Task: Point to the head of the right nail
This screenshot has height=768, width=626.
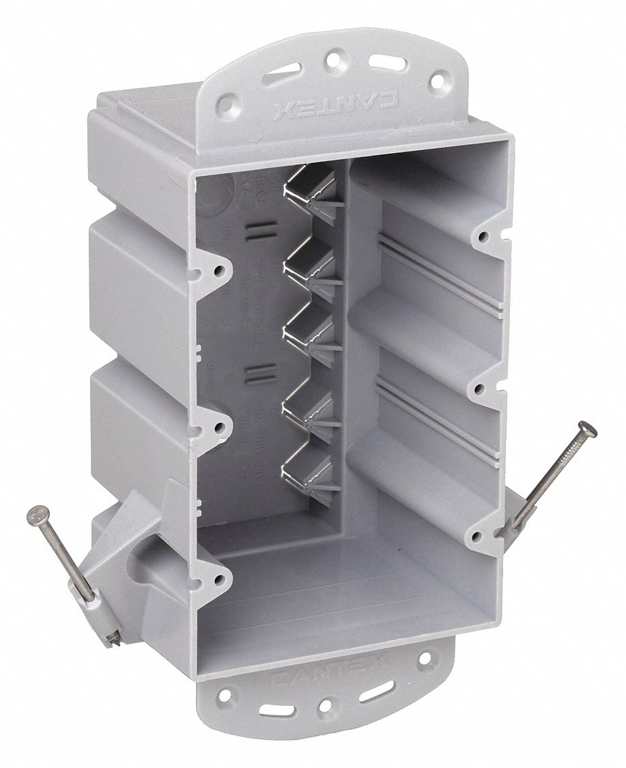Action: point(586,429)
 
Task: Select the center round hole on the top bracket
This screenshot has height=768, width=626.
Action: point(332,60)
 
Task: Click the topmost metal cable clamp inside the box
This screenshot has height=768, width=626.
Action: point(307,195)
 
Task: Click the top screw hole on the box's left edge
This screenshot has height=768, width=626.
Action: point(218,270)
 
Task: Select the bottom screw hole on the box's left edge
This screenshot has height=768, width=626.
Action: point(218,580)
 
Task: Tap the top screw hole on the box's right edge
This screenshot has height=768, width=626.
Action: point(483,236)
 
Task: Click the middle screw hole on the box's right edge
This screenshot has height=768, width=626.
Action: point(480,389)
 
